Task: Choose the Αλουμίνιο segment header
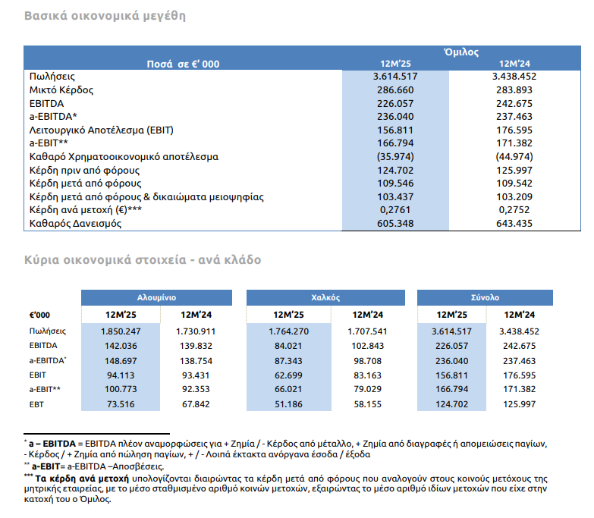click(157, 298)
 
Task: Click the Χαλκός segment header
click(325, 298)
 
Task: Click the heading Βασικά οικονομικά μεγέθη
click(105, 16)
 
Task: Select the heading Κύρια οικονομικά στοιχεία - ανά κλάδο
click(143, 260)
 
